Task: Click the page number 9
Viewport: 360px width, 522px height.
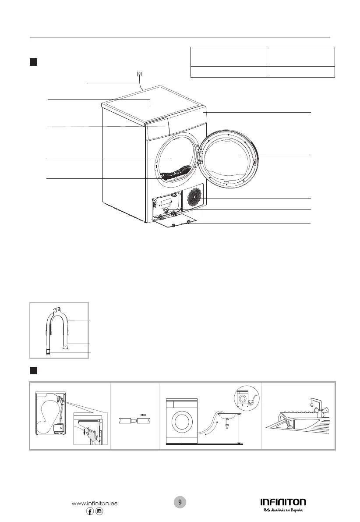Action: (180, 502)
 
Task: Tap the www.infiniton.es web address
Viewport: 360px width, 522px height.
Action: (94, 504)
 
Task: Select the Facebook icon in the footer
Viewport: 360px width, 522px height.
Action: (90, 512)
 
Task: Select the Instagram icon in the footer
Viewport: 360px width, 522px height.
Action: (99, 512)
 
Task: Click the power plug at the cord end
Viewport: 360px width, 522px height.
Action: (139, 74)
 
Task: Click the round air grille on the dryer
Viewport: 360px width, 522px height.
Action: (194, 197)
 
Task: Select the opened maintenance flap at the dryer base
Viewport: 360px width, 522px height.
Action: (175, 225)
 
